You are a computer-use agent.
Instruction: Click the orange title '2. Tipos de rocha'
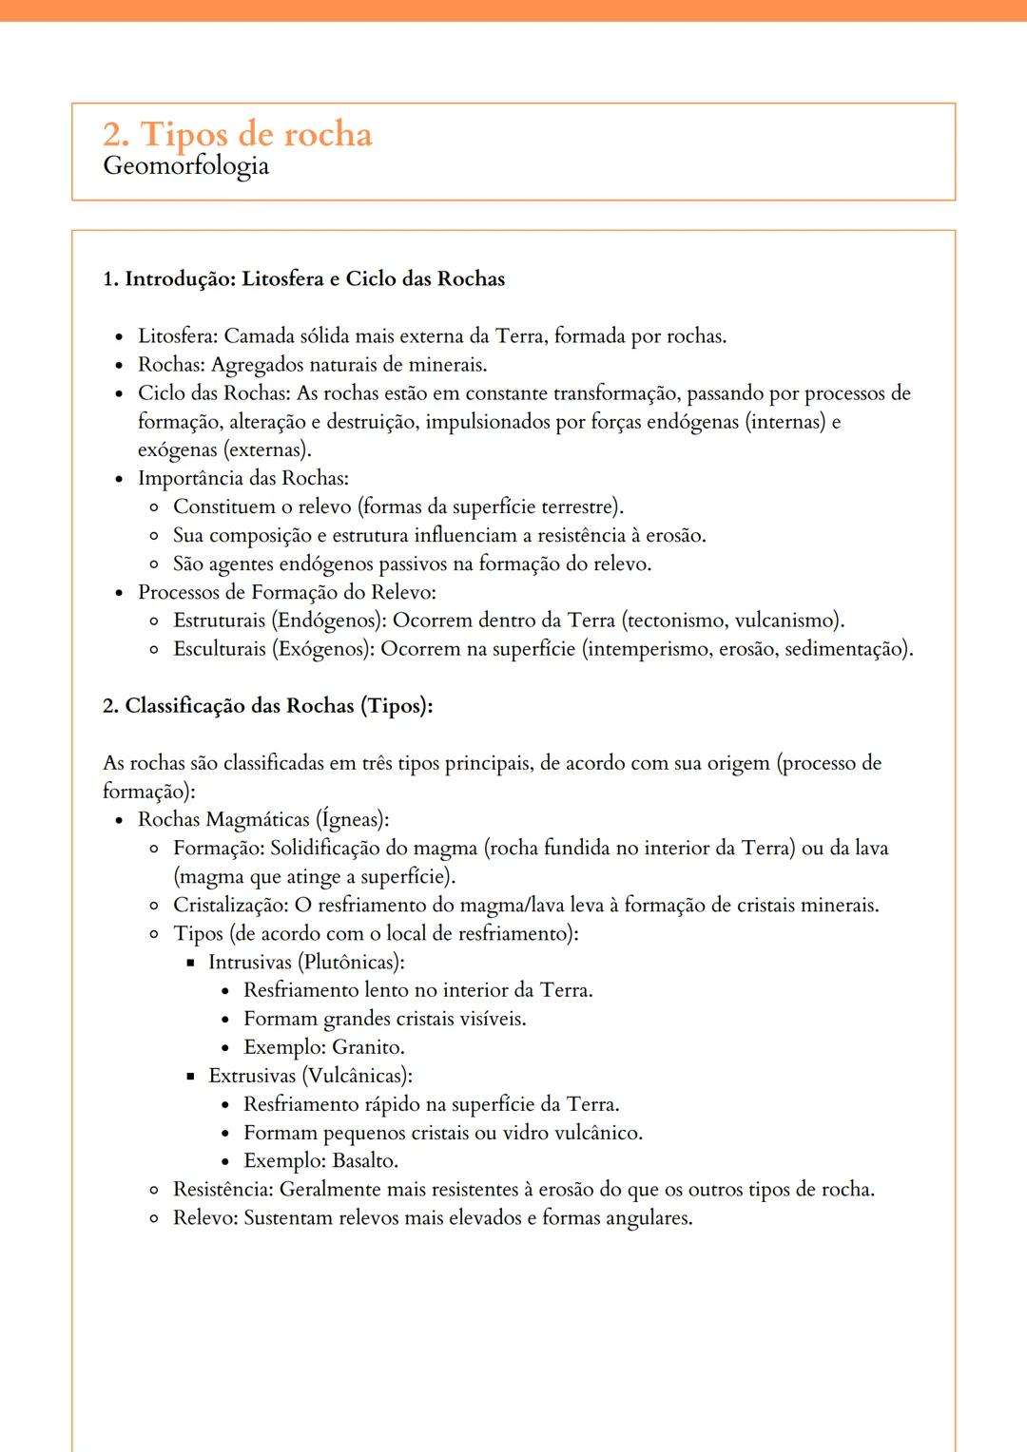click(237, 134)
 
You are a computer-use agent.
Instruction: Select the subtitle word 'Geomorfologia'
click(185, 165)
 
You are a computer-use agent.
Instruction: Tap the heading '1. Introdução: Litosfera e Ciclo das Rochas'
click(303, 278)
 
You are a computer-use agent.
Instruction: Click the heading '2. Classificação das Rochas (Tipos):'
click(267, 705)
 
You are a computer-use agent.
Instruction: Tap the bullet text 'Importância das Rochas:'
click(242, 478)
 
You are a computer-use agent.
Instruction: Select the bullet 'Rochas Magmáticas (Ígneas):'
click(263, 819)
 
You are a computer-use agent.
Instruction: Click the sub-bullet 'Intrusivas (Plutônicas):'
click(306, 962)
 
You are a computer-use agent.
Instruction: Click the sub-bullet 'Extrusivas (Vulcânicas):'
click(310, 1076)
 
